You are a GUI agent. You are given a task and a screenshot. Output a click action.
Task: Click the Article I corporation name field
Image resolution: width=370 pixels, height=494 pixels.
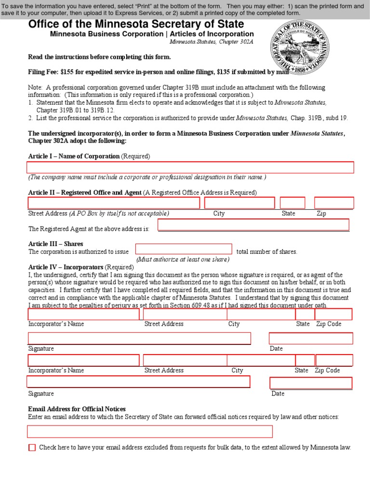[191, 167]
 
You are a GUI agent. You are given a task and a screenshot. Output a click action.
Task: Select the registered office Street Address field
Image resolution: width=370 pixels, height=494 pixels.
[114, 203]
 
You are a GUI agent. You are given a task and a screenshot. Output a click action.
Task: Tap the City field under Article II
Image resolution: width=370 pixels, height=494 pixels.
[239, 203]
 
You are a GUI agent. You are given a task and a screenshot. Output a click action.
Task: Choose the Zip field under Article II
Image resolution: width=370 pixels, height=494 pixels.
[334, 203]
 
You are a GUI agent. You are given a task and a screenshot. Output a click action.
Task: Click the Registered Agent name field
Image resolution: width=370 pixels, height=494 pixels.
[253, 225]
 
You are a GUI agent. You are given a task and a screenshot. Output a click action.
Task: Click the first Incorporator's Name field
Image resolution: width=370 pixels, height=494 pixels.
[83, 315]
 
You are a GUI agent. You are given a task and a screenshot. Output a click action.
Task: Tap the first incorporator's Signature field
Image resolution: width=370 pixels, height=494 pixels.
[139, 338]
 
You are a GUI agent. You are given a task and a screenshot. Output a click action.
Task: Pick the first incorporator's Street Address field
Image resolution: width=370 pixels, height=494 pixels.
[185, 315]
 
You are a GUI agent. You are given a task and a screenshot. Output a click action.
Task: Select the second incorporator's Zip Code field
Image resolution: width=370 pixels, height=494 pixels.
[334, 360]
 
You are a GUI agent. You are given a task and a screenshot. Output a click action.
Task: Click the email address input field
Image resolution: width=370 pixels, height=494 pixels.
[150, 431]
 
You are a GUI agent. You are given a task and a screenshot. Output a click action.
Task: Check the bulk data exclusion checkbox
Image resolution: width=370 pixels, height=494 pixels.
[32, 448]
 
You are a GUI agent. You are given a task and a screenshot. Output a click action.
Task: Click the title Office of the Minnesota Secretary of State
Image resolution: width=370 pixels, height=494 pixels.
[136, 24]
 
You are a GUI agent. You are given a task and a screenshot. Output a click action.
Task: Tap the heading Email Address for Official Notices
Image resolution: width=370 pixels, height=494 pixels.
[77, 409]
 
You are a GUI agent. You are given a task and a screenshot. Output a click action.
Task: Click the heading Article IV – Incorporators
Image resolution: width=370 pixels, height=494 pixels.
[66, 267]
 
